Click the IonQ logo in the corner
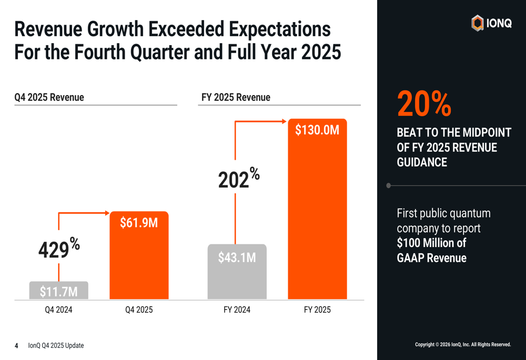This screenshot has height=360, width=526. [491, 23]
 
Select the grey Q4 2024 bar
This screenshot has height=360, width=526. [58, 291]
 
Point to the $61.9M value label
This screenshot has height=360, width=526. [139, 223]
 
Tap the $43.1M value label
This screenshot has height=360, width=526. [237, 258]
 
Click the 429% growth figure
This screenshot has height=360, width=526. [58, 249]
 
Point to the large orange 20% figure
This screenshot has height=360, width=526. [424, 104]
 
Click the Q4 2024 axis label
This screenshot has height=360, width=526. [58, 310]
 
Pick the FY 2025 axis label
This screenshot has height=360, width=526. [317, 310]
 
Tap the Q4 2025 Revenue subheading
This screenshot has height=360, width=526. [49, 97]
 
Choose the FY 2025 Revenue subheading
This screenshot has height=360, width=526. [236, 97]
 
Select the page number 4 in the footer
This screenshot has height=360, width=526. [16, 345]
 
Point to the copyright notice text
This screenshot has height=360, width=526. [463, 345]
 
